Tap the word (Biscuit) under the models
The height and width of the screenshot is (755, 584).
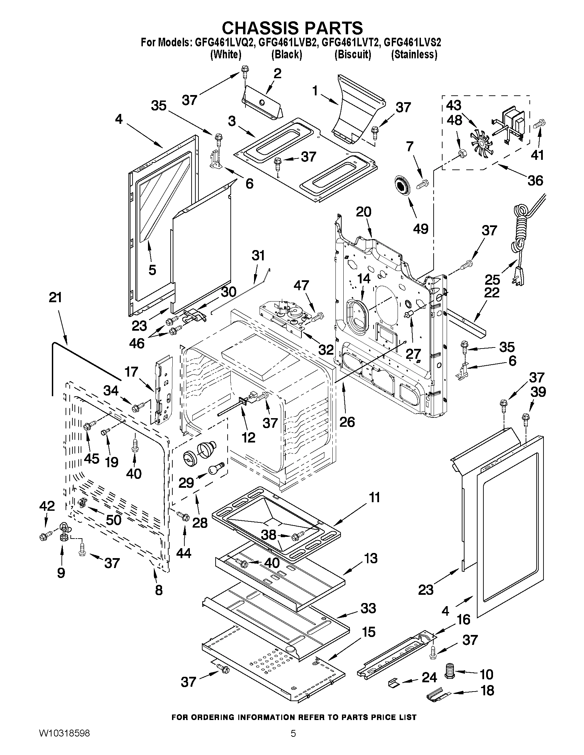353,55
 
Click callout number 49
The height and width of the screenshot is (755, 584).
421,228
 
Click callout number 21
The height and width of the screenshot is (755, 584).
55,297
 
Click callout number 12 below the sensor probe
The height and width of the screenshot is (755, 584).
248,437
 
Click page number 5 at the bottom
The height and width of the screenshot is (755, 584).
293,741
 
